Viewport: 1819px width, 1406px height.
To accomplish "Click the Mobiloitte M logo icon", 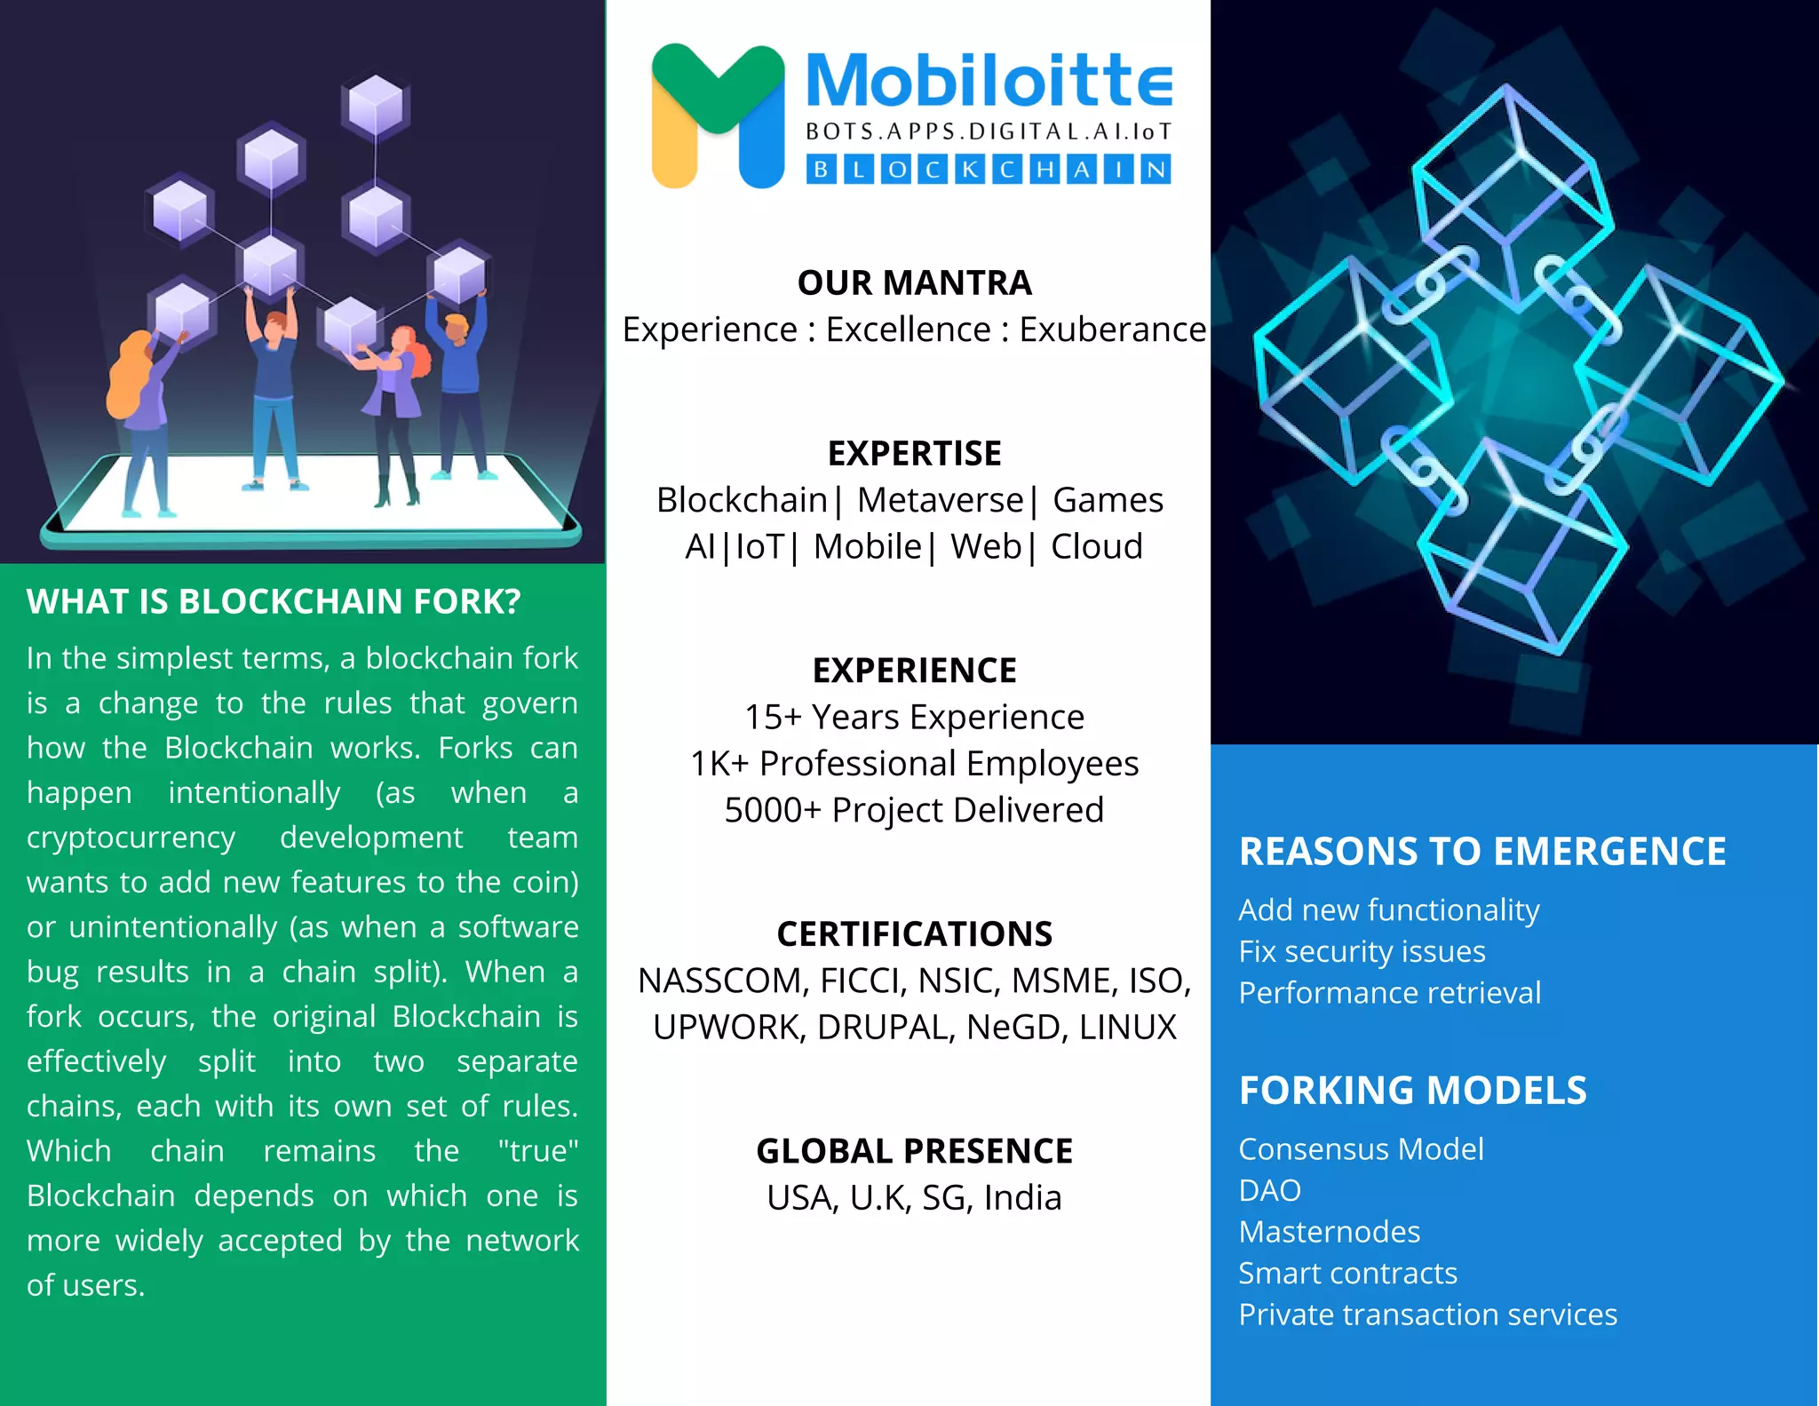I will tap(718, 115).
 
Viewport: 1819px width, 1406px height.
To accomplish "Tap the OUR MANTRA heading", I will tap(914, 283).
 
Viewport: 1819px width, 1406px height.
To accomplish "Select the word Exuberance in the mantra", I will tap(1112, 330).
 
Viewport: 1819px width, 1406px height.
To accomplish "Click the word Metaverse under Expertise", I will tap(940, 501).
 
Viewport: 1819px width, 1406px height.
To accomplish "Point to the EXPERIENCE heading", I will tap(914, 671).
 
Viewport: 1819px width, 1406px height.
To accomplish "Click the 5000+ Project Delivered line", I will tap(914, 810).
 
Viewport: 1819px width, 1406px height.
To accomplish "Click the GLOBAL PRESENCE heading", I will tap(914, 1151).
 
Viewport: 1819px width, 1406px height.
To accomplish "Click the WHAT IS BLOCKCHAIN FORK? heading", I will tap(274, 602).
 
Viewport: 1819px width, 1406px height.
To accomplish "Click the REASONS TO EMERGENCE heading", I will tap(1482, 852).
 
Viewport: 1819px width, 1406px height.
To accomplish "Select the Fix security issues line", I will tap(1362, 951).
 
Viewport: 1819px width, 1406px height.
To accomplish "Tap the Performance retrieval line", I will tap(1389, 993).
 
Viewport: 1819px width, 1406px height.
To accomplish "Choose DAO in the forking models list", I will tap(1269, 1190).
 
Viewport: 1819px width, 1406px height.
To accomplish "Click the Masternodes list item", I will tap(1329, 1232).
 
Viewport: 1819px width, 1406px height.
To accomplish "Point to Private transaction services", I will tap(1427, 1315).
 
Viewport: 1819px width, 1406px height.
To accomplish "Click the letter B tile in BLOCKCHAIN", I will tap(822, 169).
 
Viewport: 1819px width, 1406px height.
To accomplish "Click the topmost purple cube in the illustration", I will tap(376, 104).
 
